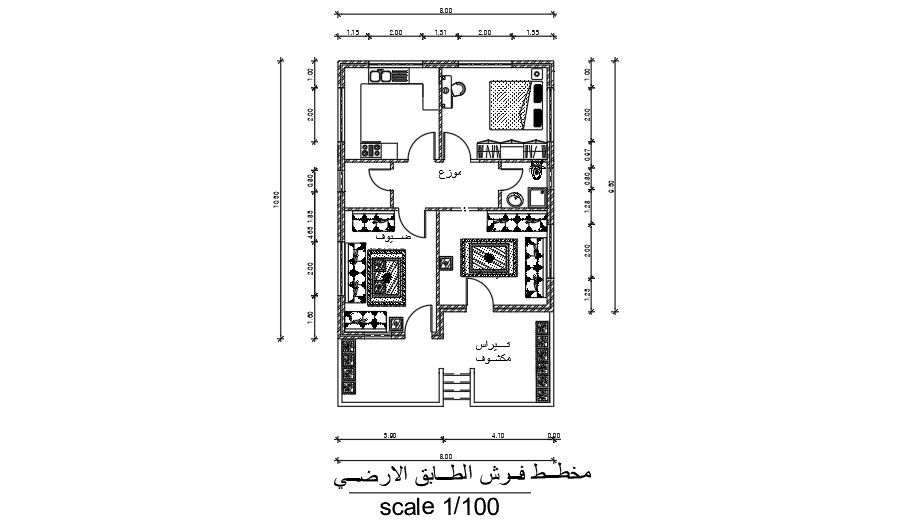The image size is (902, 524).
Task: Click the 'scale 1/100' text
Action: tap(439, 507)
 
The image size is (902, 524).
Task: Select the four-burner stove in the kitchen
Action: tap(372, 150)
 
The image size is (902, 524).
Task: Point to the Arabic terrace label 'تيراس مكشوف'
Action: tap(494, 350)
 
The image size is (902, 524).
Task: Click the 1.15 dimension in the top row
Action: tap(352, 33)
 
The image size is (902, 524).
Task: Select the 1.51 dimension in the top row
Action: tap(440, 33)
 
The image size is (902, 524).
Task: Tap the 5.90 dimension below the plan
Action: tap(391, 435)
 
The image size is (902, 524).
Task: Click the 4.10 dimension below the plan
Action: tap(497, 435)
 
